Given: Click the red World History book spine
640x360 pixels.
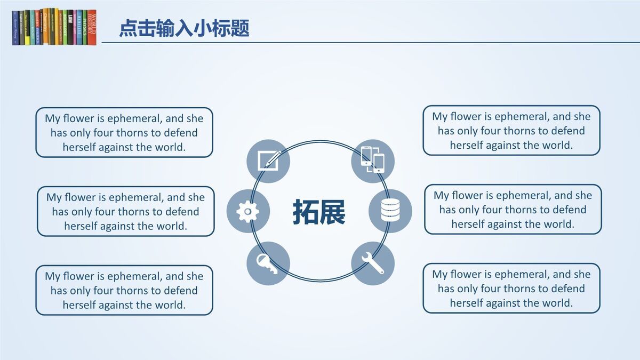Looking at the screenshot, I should tap(92, 27).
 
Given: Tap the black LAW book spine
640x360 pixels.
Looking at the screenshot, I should tap(70, 27).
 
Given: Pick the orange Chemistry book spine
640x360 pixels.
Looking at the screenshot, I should tap(45, 27).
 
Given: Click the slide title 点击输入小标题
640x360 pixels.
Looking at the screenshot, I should tap(184, 28).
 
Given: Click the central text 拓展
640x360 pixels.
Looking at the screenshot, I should tap(319, 212).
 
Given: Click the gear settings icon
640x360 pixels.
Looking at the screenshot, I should tap(247, 212).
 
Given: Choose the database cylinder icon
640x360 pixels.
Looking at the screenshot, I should tap(390, 211).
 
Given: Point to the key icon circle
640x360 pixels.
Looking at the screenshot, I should tap(268, 263).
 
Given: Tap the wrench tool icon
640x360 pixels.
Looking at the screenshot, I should tap(373, 263).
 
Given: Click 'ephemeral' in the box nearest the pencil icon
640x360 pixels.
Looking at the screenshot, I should tap(133, 118).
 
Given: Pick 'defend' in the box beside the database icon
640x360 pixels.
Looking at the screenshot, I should tap(569, 210).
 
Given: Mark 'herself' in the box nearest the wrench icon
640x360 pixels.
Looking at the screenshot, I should tap(467, 303).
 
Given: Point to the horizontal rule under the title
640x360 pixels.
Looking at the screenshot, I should tap(368, 42).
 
